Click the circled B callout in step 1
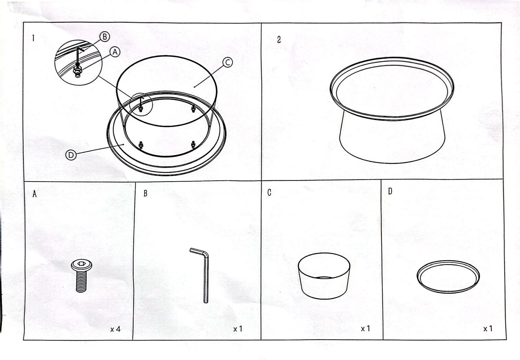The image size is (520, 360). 105,37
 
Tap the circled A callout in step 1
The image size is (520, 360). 115,52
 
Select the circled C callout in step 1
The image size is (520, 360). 227,62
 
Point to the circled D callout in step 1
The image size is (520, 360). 71,155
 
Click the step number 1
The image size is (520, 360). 33,38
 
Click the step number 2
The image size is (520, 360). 279,40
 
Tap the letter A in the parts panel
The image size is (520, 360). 35,194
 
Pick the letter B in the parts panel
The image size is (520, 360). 145,193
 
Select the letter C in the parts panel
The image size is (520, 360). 269,193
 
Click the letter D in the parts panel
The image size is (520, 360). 390,191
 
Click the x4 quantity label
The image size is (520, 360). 115,329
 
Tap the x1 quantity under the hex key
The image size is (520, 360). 238,329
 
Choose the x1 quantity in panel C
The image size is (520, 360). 365,328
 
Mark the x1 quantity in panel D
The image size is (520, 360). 488,328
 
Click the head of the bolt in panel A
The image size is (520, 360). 82,265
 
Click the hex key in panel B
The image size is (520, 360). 206,274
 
